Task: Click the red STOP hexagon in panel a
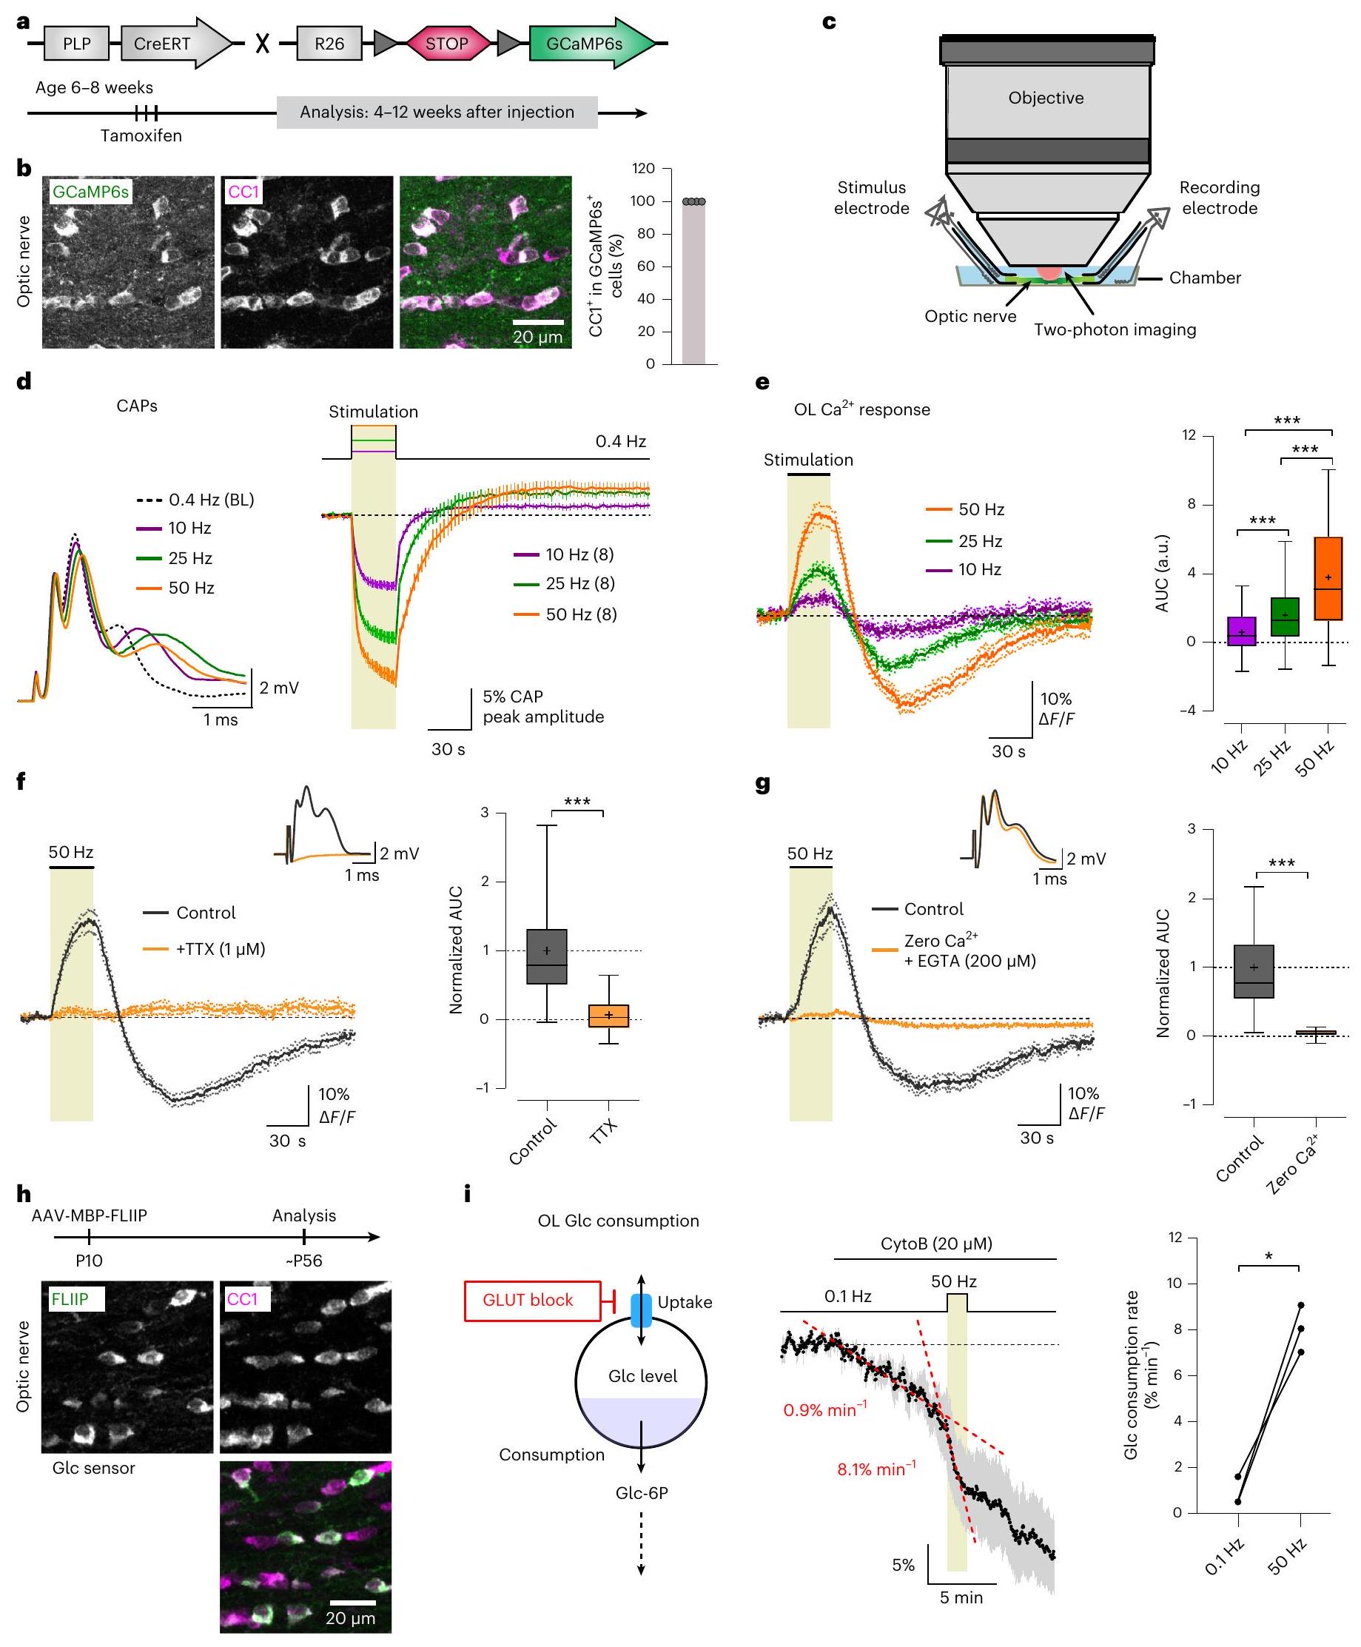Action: [x=448, y=44]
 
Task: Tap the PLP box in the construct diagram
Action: [x=77, y=44]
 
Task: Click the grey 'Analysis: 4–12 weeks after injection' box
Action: [x=437, y=113]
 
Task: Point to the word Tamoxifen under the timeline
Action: [x=141, y=135]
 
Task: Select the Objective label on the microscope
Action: [x=1046, y=98]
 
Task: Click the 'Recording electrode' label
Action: [x=1219, y=198]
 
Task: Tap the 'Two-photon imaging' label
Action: [x=1114, y=329]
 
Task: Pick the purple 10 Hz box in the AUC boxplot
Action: [x=1241, y=631]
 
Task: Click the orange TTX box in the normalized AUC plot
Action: [x=609, y=1016]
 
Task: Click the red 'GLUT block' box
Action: [x=528, y=1301]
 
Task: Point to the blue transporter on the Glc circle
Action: [x=642, y=1310]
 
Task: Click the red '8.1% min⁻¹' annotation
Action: [x=876, y=1469]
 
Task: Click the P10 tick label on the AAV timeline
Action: [x=89, y=1261]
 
